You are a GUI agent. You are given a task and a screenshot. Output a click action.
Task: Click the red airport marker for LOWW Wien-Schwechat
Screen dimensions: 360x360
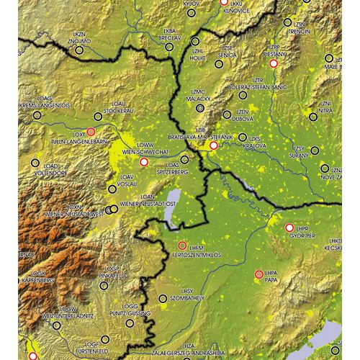point(143,163)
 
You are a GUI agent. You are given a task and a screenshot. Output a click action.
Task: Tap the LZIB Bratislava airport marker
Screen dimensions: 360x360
point(213,146)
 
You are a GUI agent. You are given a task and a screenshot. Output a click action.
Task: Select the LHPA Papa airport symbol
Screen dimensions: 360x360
point(259,274)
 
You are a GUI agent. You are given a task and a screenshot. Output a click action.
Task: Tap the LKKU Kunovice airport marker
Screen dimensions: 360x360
point(223,4)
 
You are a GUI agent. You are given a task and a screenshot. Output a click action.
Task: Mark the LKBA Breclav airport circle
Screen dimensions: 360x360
point(170,47)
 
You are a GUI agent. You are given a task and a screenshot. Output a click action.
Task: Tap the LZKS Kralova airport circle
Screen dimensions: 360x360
point(243,137)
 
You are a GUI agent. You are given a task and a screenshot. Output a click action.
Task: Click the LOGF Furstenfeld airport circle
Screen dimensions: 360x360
point(105,339)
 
